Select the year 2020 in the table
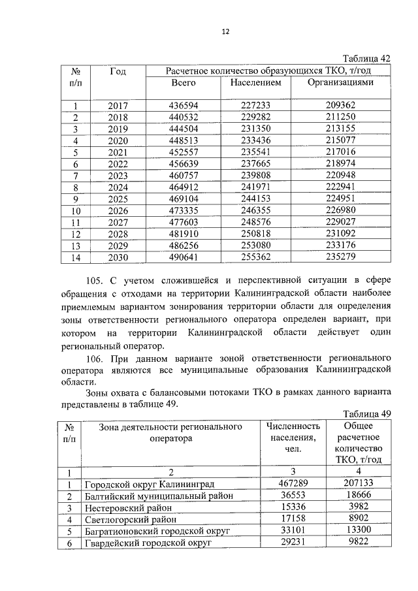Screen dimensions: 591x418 tap(118, 140)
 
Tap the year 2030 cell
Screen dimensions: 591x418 tap(118, 257)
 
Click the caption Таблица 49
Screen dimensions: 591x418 tap(366, 414)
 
